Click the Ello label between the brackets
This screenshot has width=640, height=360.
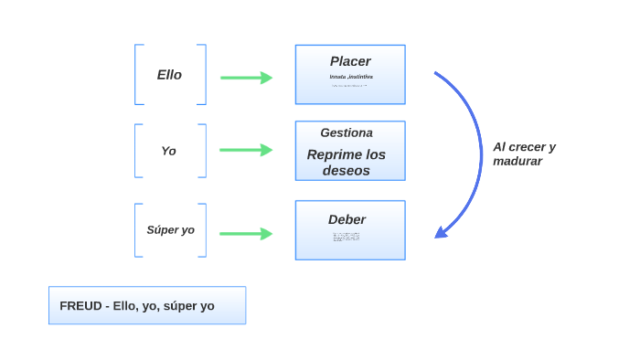click(169, 75)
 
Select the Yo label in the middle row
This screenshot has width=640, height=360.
click(168, 151)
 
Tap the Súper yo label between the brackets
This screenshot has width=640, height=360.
click(170, 230)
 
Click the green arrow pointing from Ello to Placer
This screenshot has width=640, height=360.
click(247, 78)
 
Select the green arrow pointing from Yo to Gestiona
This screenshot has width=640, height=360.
click(247, 150)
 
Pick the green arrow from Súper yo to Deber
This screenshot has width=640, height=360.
click(247, 234)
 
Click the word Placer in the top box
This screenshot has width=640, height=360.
click(350, 61)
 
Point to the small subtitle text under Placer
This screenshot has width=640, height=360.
click(350, 77)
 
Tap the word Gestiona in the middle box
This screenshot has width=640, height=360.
click(346, 132)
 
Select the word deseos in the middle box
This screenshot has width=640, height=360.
click(347, 171)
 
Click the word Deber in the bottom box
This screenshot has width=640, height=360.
click(347, 219)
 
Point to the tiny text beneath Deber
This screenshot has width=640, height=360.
click(347, 237)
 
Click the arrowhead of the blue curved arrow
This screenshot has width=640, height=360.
click(441, 232)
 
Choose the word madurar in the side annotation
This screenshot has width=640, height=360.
click(517, 162)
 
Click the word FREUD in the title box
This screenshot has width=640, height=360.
click(80, 306)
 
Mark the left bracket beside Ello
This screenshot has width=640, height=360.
click(136, 75)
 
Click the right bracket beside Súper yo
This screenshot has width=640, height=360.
click(204, 230)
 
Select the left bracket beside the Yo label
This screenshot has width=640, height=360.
click(136, 151)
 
